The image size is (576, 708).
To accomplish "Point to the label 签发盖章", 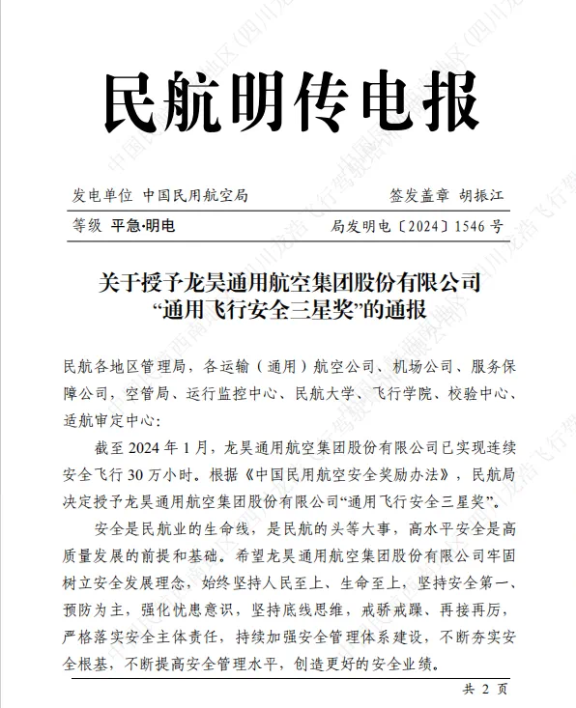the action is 419,195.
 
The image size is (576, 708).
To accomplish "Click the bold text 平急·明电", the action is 144,227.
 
